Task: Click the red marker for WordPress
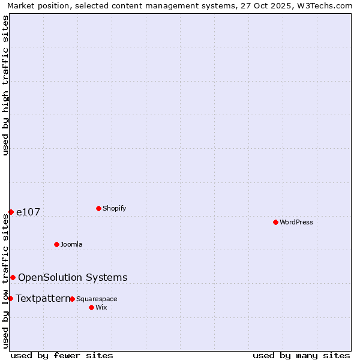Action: (x=275, y=222)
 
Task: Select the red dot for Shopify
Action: (x=98, y=208)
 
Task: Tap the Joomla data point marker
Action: (x=56, y=244)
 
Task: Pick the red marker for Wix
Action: (x=91, y=307)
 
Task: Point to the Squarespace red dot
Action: (x=72, y=299)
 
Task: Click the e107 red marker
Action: (x=11, y=212)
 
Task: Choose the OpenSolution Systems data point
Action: (x=13, y=277)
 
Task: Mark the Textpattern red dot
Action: (x=10, y=298)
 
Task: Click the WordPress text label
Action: (x=296, y=222)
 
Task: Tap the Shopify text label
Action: (x=115, y=208)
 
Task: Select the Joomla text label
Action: (x=71, y=244)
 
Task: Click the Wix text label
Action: (x=101, y=307)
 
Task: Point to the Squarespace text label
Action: (x=97, y=299)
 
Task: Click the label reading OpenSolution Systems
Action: (x=73, y=277)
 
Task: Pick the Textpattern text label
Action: (x=43, y=298)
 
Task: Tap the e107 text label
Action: (x=28, y=212)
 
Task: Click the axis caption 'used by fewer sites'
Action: (x=62, y=355)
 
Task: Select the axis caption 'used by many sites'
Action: (x=301, y=355)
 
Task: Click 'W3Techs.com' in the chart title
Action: (x=326, y=5)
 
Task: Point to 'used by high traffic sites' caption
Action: (x=5, y=85)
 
